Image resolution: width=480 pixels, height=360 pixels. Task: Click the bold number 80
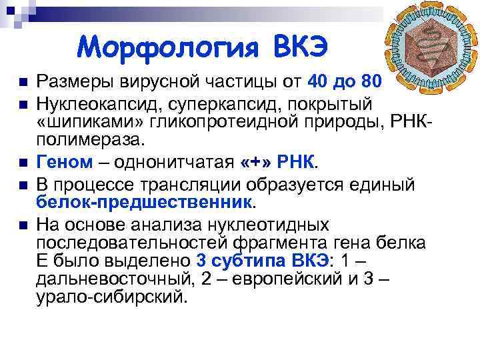[x=369, y=82]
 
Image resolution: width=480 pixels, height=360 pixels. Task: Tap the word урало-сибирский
[x=112, y=297]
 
